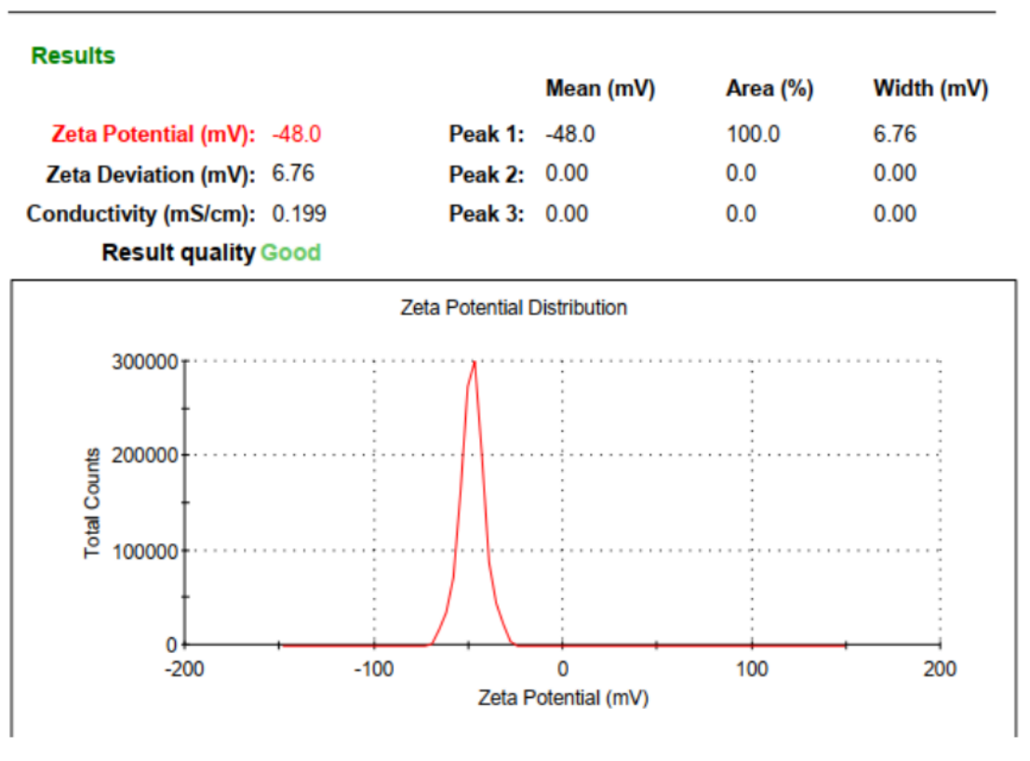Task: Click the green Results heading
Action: (74, 56)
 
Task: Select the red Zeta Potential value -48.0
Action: (296, 134)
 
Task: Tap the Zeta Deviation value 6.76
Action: (293, 174)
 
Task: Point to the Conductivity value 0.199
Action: (299, 214)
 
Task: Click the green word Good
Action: (290, 253)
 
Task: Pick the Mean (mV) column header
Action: (600, 89)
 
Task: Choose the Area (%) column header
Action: (769, 89)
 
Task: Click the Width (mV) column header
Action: (930, 89)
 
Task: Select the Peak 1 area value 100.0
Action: (753, 134)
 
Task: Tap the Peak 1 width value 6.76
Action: (895, 134)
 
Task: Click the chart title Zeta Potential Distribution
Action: (514, 307)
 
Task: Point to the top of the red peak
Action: (475, 362)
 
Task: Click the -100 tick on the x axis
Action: (374, 668)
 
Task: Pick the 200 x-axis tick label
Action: (941, 668)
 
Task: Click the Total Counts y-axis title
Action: (92, 503)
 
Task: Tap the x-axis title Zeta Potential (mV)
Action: (563, 698)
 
